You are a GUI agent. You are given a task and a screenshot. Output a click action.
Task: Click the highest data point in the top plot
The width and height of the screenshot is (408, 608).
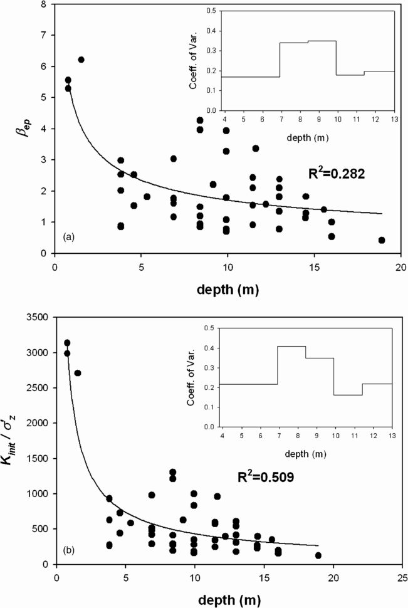click(x=81, y=60)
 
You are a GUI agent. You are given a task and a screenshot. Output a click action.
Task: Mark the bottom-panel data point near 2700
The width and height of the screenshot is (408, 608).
click(x=78, y=373)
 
